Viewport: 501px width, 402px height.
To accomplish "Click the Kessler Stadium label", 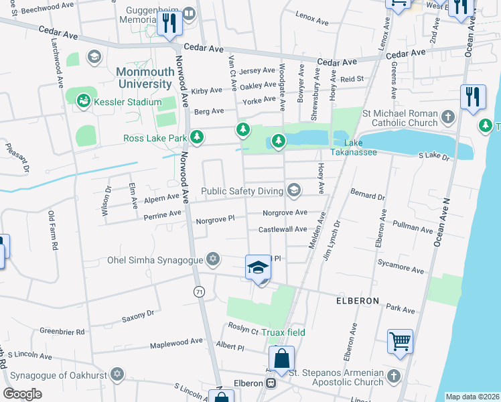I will pyautogui.click(x=128, y=102).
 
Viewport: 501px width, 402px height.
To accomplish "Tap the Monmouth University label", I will pyautogui.click(x=144, y=78).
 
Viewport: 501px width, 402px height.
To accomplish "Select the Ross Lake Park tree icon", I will pyautogui.click(x=196, y=138).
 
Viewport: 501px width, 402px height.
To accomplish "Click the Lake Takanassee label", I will pyautogui.click(x=360, y=147).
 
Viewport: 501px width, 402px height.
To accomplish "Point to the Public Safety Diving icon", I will pyautogui.click(x=293, y=191).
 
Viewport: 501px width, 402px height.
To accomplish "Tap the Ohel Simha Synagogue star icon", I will pyautogui.click(x=213, y=259).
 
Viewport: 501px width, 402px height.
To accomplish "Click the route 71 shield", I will pyautogui.click(x=199, y=291).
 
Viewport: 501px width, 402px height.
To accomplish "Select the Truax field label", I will pyautogui.click(x=283, y=332).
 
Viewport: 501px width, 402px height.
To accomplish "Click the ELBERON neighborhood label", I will pyautogui.click(x=358, y=301).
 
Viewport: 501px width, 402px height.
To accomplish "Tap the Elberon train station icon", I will pyautogui.click(x=271, y=383).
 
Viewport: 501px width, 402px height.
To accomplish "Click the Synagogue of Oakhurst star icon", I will pyautogui.click(x=118, y=373).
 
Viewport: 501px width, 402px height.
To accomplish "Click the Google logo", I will pyautogui.click(x=22, y=394).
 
